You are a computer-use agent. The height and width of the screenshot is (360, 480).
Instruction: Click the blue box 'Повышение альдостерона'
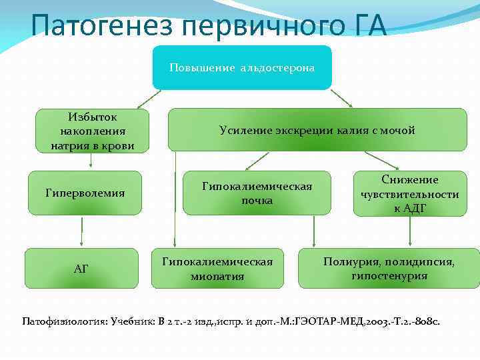pyautogui.click(x=241, y=67)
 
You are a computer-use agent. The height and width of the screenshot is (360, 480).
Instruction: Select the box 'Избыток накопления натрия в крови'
pyautogui.click(x=93, y=131)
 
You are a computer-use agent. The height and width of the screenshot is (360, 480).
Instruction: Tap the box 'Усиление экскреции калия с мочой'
pyautogui.click(x=317, y=130)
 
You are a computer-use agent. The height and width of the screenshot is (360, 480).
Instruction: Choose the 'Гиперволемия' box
pyautogui.click(x=85, y=193)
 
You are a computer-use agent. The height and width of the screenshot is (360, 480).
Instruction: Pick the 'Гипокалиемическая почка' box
pyautogui.click(x=257, y=193)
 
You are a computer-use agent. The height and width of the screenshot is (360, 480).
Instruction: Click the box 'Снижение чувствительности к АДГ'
pyautogui.click(x=410, y=194)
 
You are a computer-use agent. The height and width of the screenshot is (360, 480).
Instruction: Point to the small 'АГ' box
pyautogui.click(x=81, y=269)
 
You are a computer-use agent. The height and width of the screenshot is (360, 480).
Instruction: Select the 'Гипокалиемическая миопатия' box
pyautogui.click(x=217, y=269)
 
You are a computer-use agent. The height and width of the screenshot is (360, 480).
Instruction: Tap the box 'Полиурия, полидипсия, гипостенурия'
pyautogui.click(x=389, y=269)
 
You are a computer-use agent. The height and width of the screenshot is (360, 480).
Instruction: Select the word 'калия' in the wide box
pyautogui.click(x=354, y=131)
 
